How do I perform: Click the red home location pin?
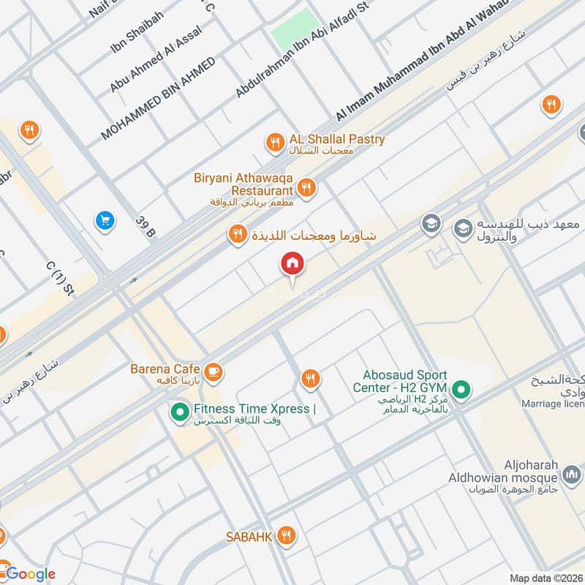pos(292,264)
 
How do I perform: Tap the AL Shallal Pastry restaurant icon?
pos(275,142)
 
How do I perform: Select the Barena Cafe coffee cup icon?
pos(214,371)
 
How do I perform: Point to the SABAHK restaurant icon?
pos(287,536)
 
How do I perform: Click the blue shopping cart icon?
pos(105,219)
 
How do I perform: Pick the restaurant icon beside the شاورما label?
pos(237,234)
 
